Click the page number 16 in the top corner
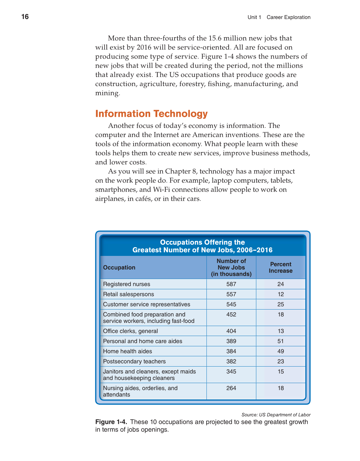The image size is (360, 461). tap(25, 17)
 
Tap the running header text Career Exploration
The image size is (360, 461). tap(288, 17)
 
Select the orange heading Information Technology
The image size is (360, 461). tap(151, 114)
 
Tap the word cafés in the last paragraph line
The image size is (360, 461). tap(143, 199)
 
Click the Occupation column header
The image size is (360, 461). tap(119, 267)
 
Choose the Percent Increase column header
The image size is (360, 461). tap(281, 267)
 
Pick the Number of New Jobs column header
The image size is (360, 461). tap(231, 267)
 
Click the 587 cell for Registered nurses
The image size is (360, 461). tap(231, 284)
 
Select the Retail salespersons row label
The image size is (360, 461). tap(128, 294)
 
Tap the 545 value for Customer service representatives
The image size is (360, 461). tap(231, 304)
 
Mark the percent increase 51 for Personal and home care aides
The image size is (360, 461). tap(281, 341)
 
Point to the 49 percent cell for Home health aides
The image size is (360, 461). tap(281, 351)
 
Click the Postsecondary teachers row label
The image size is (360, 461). tap(134, 361)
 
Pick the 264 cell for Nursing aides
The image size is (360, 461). tap(231, 388)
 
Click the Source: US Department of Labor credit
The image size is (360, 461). tap(276, 415)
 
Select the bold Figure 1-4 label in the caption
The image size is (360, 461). tap(111, 422)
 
